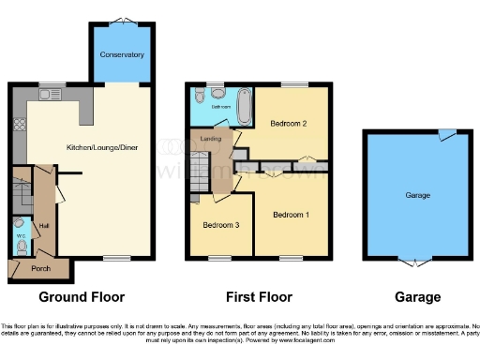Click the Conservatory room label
122,53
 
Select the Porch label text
39,269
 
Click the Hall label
43,226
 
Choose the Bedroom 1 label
291,215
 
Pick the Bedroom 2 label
291,123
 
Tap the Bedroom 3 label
221,226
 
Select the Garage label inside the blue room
417,196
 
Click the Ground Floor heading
82,297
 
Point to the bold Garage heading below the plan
417,297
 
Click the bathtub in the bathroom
245,107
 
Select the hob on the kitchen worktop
16,125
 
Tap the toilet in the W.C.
20,246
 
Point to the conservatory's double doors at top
122,22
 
